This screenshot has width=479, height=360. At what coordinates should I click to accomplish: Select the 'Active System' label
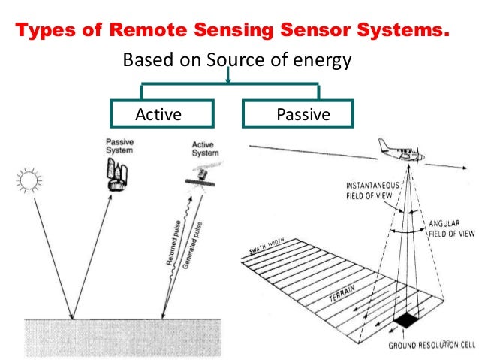coord(204,147)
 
